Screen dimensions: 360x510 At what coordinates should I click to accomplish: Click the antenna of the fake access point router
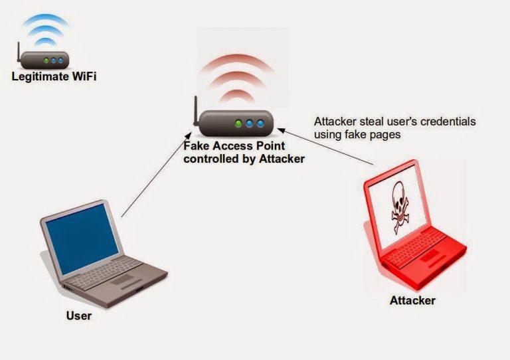pos(197,109)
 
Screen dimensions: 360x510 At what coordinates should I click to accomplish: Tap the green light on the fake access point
pos(238,124)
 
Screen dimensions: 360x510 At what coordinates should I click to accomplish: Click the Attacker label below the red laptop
pos(412,301)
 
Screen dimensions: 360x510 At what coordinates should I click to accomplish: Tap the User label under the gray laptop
pos(78,315)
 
